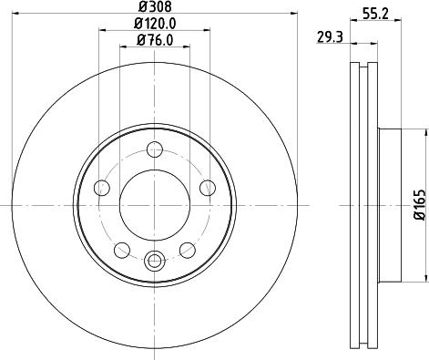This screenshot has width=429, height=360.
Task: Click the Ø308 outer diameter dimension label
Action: [153, 6]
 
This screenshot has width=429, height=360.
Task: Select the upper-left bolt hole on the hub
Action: [102, 189]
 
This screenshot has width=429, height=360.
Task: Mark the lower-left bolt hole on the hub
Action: [120, 249]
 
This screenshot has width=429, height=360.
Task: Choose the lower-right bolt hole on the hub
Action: [187, 249]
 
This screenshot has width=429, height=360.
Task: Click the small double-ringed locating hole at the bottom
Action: [153, 262]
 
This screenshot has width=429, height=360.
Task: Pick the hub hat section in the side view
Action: [390, 205]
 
